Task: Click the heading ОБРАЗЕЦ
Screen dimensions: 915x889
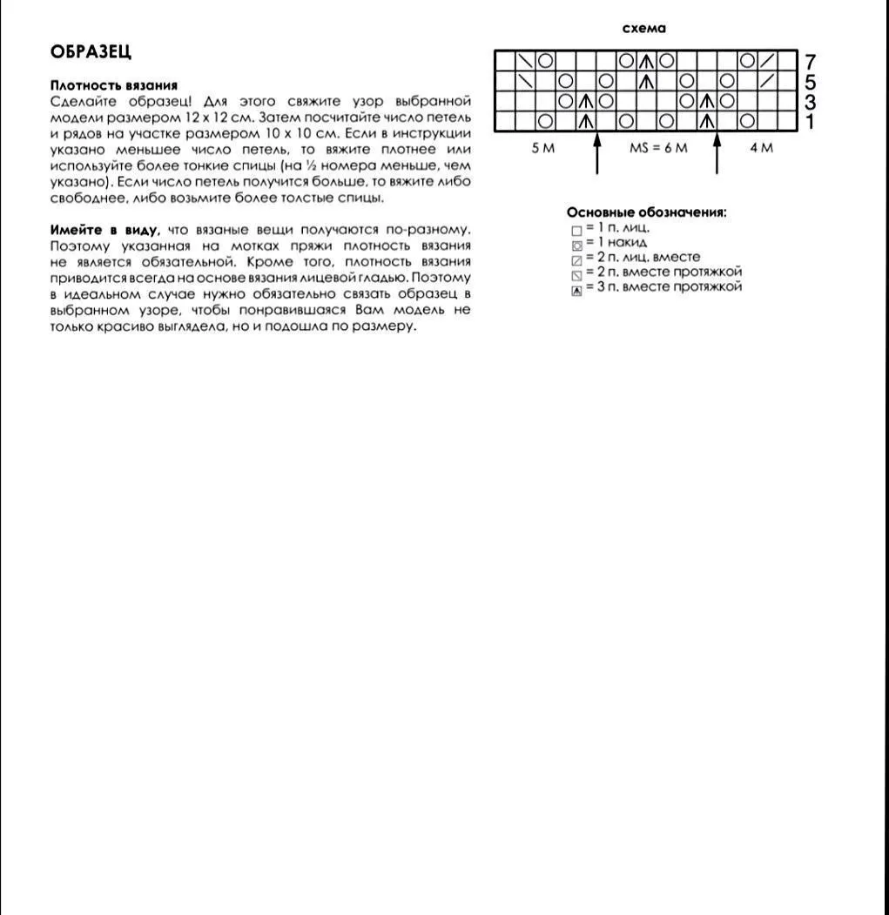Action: tap(91, 52)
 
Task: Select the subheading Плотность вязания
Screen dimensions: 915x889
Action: tap(114, 85)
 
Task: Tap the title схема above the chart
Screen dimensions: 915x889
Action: tap(644, 29)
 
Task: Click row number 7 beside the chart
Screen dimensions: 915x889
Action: tap(811, 62)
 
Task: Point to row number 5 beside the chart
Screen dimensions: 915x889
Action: tap(811, 82)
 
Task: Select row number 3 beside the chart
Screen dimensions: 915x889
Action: tap(811, 102)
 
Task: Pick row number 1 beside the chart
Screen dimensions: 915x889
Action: tap(811, 122)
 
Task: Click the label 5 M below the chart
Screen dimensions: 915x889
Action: tap(542, 148)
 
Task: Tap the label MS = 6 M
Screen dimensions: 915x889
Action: tap(658, 148)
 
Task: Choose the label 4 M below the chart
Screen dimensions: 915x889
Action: tap(761, 148)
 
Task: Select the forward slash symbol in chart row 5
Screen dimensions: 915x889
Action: tap(766, 81)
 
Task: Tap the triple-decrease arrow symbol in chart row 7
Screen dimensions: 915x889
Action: tap(646, 61)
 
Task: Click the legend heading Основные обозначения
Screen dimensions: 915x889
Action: tap(646, 212)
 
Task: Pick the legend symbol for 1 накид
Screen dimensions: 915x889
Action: tap(576, 246)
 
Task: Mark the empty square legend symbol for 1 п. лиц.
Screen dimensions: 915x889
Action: tap(576, 231)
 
